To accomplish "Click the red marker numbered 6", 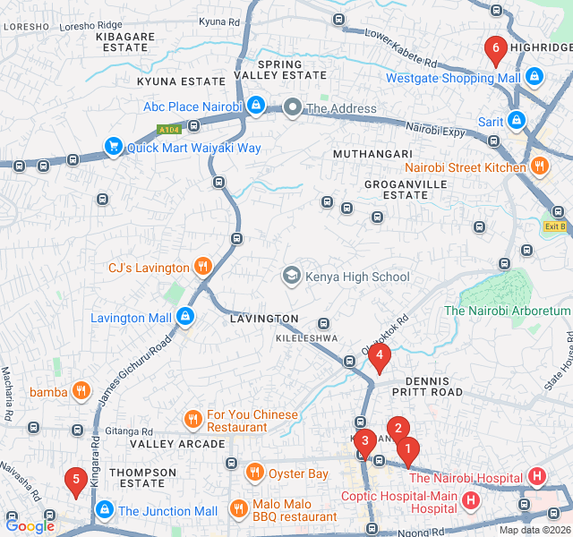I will point(493,48).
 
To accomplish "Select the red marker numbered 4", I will point(381,360).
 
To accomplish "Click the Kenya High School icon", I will point(291,277).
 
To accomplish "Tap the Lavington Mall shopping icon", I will point(184,317).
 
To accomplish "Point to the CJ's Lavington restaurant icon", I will point(203,267).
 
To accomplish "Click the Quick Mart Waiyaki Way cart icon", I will point(113,147).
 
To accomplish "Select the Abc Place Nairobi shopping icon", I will point(256,107).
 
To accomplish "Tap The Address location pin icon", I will point(292,108).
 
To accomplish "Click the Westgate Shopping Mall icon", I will point(535,78).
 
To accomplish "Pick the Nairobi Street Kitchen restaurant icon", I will point(539,166).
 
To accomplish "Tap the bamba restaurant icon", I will point(81,391).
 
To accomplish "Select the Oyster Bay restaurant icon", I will point(255,473).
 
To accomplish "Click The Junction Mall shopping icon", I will point(105,510).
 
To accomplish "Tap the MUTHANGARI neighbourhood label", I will point(372,154).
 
